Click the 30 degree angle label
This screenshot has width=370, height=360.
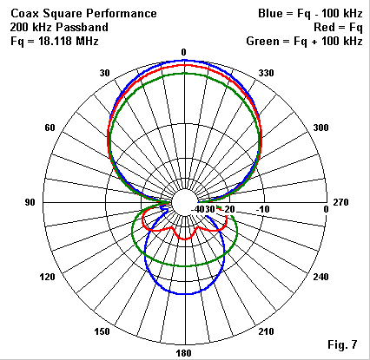point(105,73)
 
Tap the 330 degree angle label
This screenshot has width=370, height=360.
point(266,73)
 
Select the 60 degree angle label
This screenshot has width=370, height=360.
point(50,128)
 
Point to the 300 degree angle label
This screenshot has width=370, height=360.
point(320,128)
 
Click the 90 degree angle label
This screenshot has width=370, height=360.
point(30,202)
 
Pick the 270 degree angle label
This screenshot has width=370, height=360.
point(340,202)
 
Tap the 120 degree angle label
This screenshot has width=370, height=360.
point(47,277)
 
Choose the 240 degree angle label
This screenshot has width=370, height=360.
point(320,277)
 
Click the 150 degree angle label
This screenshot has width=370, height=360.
point(102,331)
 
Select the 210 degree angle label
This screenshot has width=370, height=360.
point(266,331)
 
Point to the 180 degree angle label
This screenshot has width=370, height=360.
point(184,353)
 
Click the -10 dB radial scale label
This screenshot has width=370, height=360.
point(263,209)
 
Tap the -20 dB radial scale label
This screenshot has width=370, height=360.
point(228,209)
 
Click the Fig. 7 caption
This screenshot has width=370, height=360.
point(342,344)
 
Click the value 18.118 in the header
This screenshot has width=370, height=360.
point(55,41)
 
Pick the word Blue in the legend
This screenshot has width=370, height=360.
point(270,13)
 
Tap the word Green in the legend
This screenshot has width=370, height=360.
point(261,41)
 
